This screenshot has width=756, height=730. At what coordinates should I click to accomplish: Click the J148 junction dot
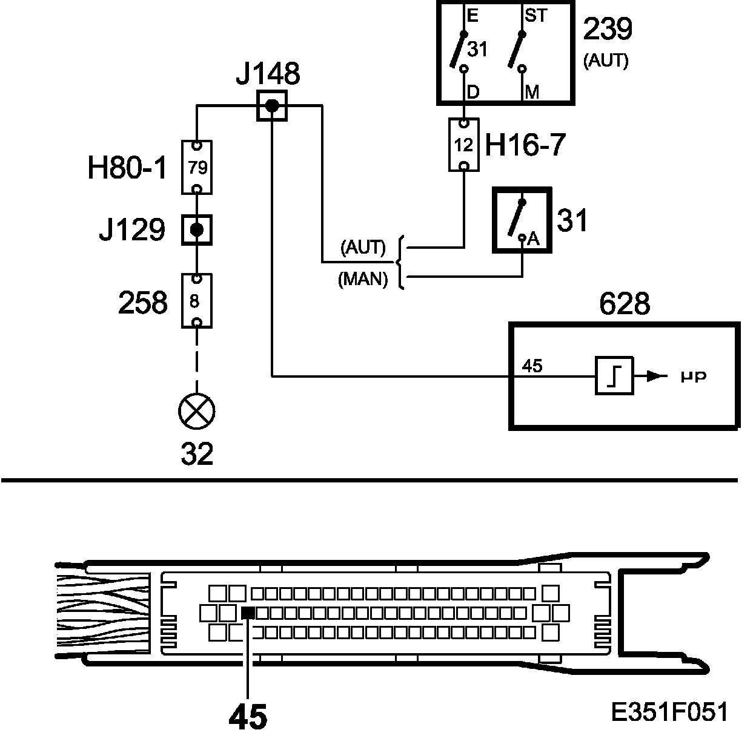click(272, 106)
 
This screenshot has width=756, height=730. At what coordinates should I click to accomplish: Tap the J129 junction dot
click(196, 230)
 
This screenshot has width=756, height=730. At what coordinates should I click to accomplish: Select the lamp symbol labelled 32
click(197, 411)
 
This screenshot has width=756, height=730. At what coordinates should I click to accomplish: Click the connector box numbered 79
click(197, 167)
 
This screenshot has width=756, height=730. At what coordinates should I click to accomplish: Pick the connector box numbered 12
click(463, 145)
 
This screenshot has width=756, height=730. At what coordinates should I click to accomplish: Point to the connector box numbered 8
click(197, 301)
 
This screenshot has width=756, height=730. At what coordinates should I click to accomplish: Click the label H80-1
click(126, 169)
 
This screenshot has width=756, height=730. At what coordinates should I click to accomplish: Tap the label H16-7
click(525, 145)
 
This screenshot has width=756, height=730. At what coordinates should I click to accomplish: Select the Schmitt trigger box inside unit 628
click(614, 376)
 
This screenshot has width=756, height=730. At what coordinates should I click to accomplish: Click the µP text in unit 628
click(692, 377)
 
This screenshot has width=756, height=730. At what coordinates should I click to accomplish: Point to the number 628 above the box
click(624, 303)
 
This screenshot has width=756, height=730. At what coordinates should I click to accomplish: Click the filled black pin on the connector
click(248, 613)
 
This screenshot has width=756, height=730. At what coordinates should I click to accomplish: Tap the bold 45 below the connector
click(248, 717)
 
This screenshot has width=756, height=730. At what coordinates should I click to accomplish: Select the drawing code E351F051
click(669, 712)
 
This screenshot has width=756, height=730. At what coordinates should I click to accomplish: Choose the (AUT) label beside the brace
click(363, 247)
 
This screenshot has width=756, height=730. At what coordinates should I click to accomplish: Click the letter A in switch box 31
click(533, 239)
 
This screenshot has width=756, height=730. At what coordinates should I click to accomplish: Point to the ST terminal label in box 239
click(535, 15)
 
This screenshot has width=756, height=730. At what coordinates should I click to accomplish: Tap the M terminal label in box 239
click(532, 93)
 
